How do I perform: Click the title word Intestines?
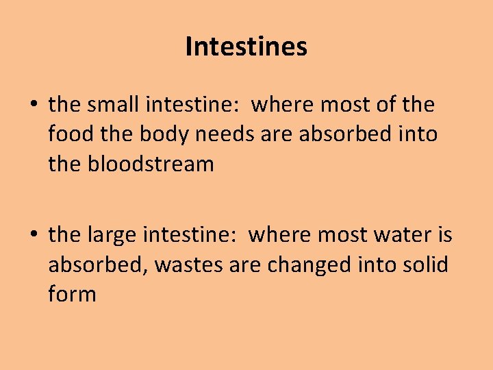(246, 47)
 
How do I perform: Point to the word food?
(70, 134)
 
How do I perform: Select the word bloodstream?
(151, 164)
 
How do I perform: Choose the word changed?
(305, 264)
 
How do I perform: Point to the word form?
(72, 294)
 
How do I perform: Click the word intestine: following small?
(193, 105)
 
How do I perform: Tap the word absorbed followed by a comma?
(98, 264)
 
